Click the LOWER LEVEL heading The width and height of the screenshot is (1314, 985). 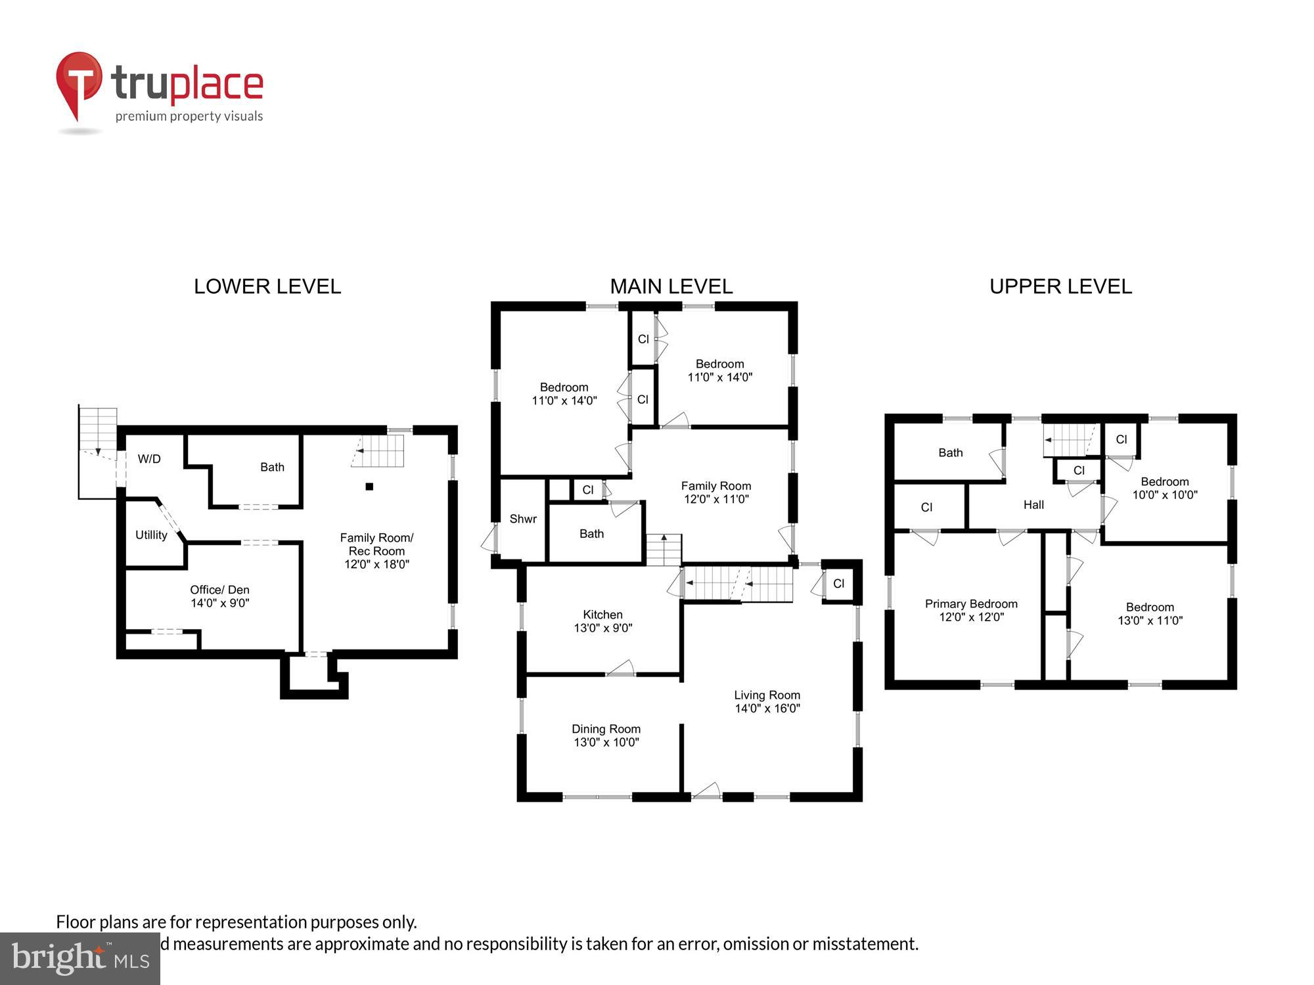pyautogui.click(x=267, y=286)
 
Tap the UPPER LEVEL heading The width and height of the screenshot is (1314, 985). pyautogui.click(x=1060, y=286)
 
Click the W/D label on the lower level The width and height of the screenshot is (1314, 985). pyautogui.click(x=149, y=459)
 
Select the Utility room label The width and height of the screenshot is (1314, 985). pyautogui.click(x=151, y=535)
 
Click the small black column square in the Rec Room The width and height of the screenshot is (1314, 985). pyautogui.click(x=369, y=487)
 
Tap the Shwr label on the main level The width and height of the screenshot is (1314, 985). pyautogui.click(x=523, y=519)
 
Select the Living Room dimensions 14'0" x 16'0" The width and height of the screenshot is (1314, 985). pyautogui.click(x=767, y=709)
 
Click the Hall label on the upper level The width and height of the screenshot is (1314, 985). pyautogui.click(x=1033, y=504)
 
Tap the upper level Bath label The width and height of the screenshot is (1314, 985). pyautogui.click(x=950, y=452)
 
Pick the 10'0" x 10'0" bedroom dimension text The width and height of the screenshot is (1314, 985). pyautogui.click(x=1165, y=495)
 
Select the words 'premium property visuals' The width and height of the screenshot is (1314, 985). pyautogui.click(x=189, y=116)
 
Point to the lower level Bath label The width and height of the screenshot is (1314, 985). pyautogui.click(x=272, y=467)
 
